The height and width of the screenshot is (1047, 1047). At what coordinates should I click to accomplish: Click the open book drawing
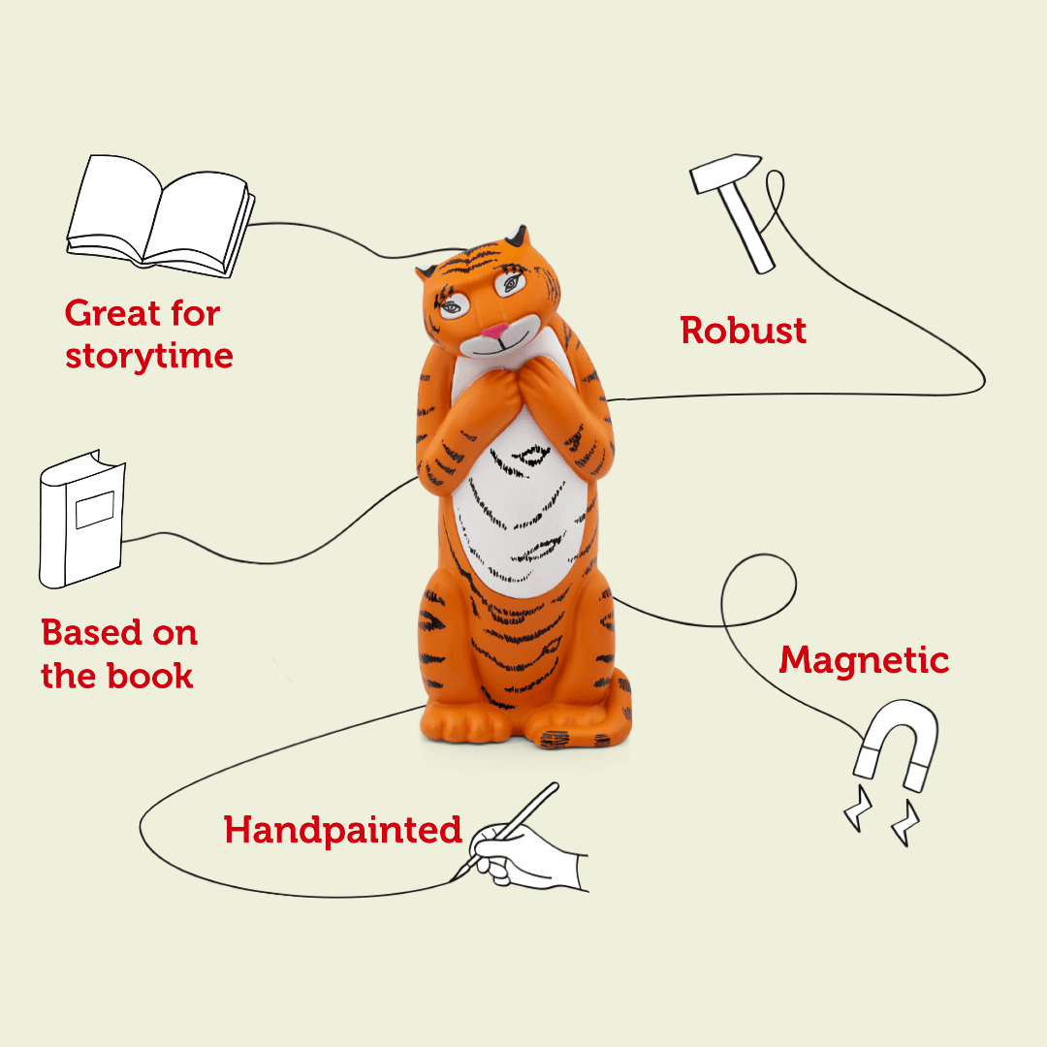pyautogui.click(x=160, y=215)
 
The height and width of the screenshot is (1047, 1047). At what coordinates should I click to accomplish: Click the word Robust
pyautogui.click(x=744, y=331)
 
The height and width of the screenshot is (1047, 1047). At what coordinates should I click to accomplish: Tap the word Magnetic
pyautogui.click(x=864, y=660)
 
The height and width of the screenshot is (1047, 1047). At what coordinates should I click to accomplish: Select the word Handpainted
pyautogui.click(x=343, y=831)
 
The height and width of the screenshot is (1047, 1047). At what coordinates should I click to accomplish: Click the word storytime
pyautogui.click(x=149, y=356)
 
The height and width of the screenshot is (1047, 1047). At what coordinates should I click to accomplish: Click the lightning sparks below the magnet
pyautogui.click(x=882, y=820)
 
